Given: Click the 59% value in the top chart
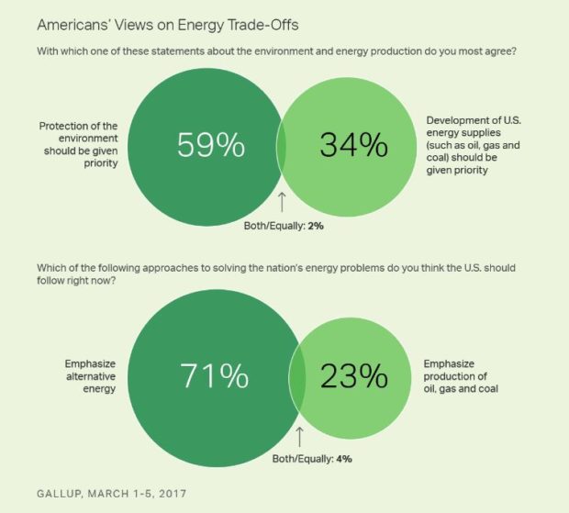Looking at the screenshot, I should [212, 145].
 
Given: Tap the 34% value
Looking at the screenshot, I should [352, 145].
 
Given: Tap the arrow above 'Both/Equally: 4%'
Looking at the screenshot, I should [298, 434].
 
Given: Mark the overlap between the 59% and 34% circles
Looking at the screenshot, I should [282, 145].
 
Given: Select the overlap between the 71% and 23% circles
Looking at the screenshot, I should [297, 376].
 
